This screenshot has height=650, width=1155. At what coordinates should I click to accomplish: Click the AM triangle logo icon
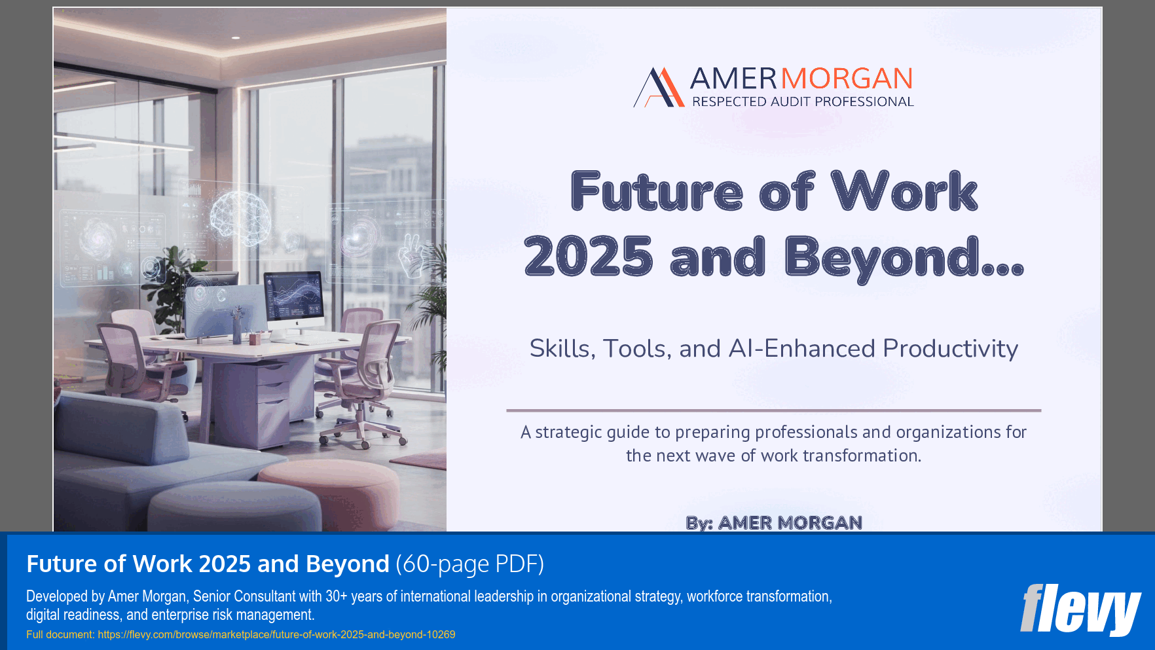point(659,87)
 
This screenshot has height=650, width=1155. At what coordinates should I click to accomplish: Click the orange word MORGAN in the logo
point(847,79)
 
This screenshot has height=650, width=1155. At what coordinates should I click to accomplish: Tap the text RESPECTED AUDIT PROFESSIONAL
point(803,101)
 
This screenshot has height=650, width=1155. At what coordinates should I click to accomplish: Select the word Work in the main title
point(904,191)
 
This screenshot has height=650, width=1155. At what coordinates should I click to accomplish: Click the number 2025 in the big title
point(589,257)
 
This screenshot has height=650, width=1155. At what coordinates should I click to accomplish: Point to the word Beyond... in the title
point(904,258)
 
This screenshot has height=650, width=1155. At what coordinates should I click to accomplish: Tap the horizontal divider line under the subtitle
point(773,410)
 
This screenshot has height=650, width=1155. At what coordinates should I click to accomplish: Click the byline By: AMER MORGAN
point(773,522)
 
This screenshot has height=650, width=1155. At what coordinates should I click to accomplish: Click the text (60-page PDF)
point(469,564)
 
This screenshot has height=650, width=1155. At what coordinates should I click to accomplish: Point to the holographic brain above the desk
point(241,217)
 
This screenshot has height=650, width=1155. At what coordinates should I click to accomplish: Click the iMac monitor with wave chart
point(293,298)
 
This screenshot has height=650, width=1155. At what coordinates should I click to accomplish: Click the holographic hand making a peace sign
point(412,255)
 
